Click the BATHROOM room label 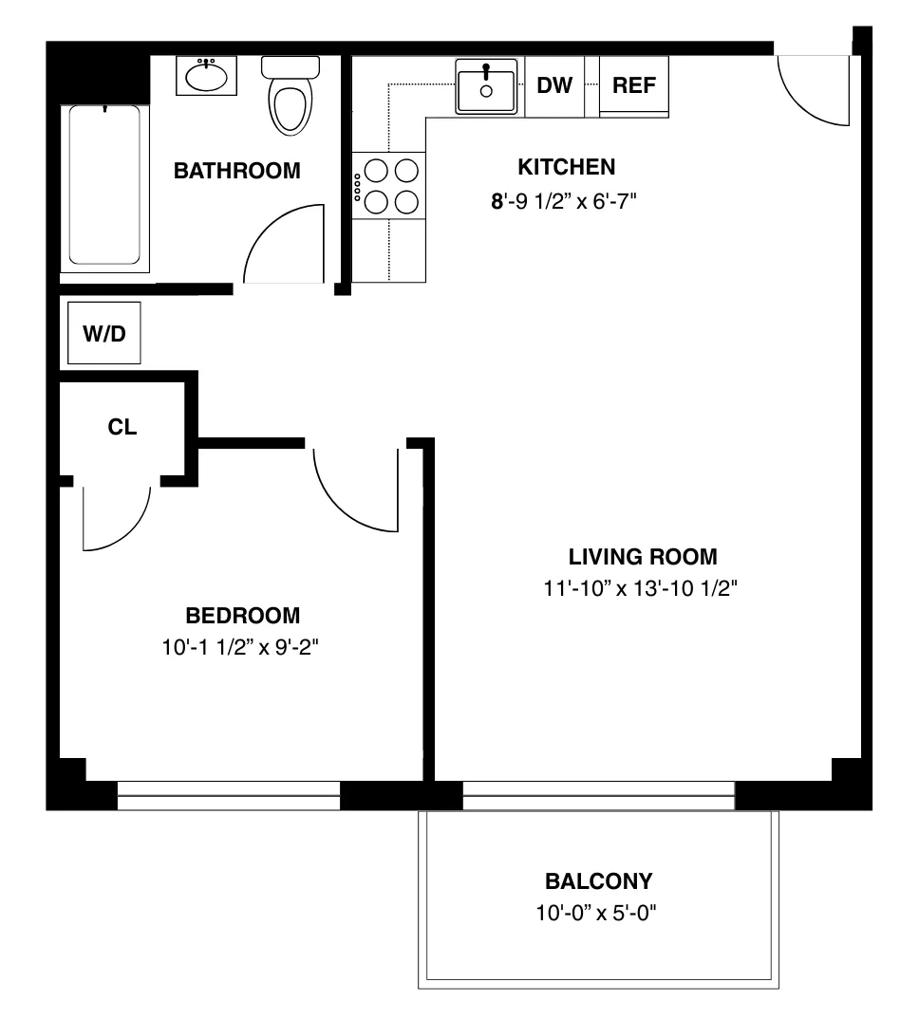236,171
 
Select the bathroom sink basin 206,77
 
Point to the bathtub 104,185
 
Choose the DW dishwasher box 554,86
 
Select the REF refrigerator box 633,86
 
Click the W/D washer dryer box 104,333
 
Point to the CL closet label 122,427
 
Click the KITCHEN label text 566,168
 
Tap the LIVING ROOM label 643,557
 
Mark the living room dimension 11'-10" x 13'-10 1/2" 642,589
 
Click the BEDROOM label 242,616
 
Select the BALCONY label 598,881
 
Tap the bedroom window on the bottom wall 228,795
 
